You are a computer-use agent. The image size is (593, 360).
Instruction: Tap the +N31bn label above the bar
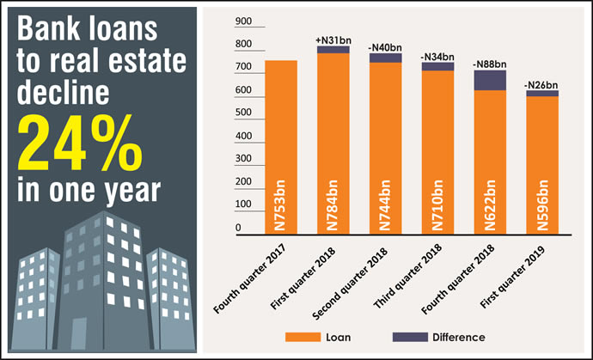[x=333, y=40]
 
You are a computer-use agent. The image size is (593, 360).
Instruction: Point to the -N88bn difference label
[x=490, y=64]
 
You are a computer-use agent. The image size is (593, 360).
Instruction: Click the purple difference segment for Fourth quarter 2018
[x=489, y=80]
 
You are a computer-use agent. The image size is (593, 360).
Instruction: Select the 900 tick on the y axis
[x=244, y=21]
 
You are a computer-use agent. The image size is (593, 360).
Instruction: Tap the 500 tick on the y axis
[x=244, y=113]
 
